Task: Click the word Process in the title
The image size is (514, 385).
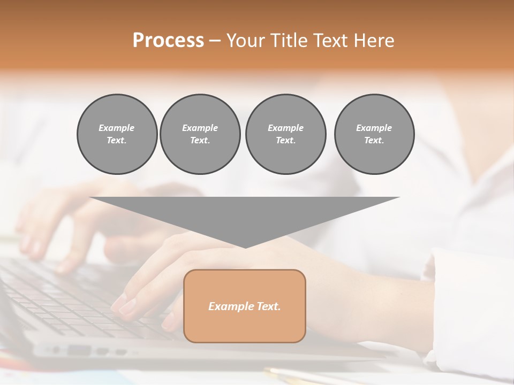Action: pos(168,41)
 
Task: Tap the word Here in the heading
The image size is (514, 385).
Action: pos(374,41)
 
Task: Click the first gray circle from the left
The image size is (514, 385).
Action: pos(117,134)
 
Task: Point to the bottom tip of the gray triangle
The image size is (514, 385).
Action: pos(245,247)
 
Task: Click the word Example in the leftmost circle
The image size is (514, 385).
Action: pos(117,128)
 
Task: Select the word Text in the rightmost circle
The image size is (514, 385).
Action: pos(374,141)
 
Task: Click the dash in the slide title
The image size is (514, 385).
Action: pos(215,41)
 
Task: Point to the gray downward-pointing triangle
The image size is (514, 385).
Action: pos(245,214)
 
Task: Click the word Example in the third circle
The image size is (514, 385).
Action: pos(285,128)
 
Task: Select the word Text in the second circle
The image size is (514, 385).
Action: pos(200,141)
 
